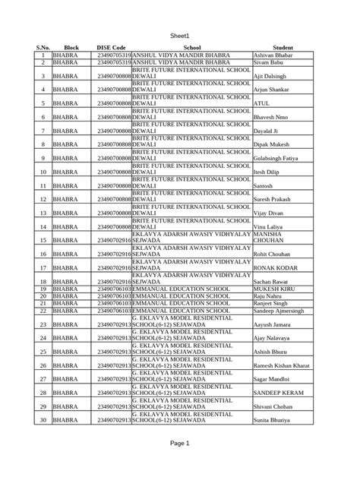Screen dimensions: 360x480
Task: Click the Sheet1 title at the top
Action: pyautogui.click(x=179, y=25)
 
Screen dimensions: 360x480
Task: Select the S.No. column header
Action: pyautogui.click(x=43, y=47)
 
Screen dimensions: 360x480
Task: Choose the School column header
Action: pyautogui.click(x=191, y=47)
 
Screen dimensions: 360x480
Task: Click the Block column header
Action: pyautogui.click(x=71, y=47)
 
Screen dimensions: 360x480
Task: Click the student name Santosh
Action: pyautogui.click(x=265, y=185)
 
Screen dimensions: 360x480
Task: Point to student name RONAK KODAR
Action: pyautogui.click(x=274, y=267)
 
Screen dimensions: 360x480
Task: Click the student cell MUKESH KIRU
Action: pyautogui.click(x=276, y=289)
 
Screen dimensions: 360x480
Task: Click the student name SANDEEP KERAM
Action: pyautogui.click(x=278, y=393)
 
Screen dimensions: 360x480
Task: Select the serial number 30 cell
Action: pyautogui.click(x=43, y=419)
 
